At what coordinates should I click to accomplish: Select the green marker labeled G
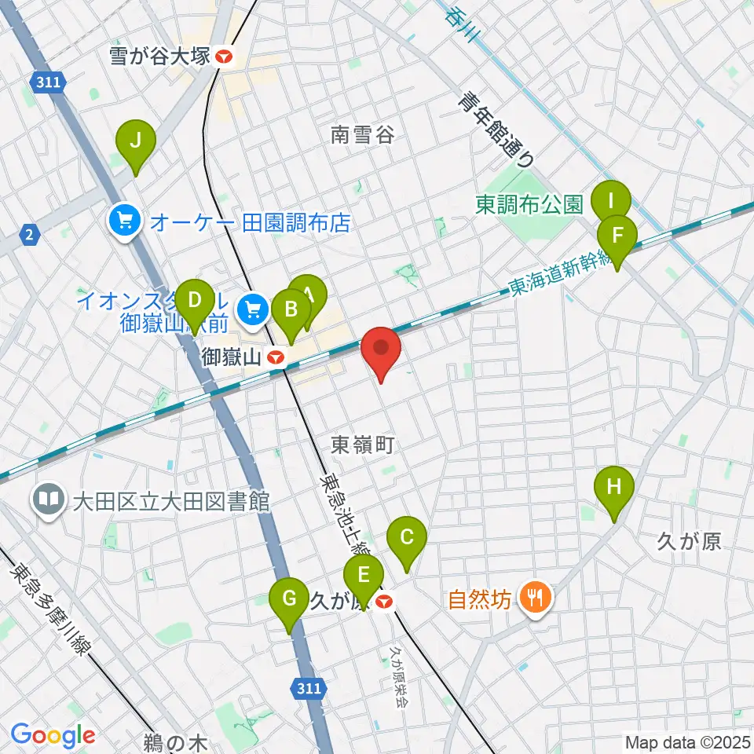(x=289, y=602)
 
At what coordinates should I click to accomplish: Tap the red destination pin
(x=381, y=350)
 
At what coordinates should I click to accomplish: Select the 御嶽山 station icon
(x=276, y=358)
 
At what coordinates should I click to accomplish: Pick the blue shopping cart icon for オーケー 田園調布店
(x=125, y=223)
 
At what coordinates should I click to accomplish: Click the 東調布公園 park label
(x=529, y=205)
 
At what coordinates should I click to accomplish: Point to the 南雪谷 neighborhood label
(x=361, y=135)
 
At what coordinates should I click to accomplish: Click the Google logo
(x=53, y=736)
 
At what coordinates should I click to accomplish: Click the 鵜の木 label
(x=174, y=741)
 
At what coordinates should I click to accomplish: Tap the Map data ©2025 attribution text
(x=687, y=742)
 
